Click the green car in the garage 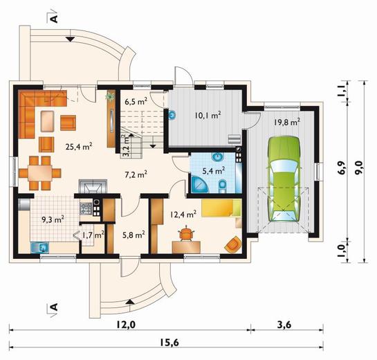point(284,179)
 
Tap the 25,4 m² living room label point(79,146)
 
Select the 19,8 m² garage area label point(287,123)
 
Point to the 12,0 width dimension point(126,325)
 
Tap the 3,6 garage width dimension point(284,325)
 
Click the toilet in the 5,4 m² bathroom point(223,187)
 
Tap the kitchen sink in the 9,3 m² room point(39,248)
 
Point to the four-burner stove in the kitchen point(86,208)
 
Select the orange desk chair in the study point(186,233)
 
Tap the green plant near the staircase point(111,96)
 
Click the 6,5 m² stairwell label point(136,102)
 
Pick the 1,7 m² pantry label point(93,235)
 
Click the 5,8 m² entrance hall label point(134,235)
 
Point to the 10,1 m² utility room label point(208,116)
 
